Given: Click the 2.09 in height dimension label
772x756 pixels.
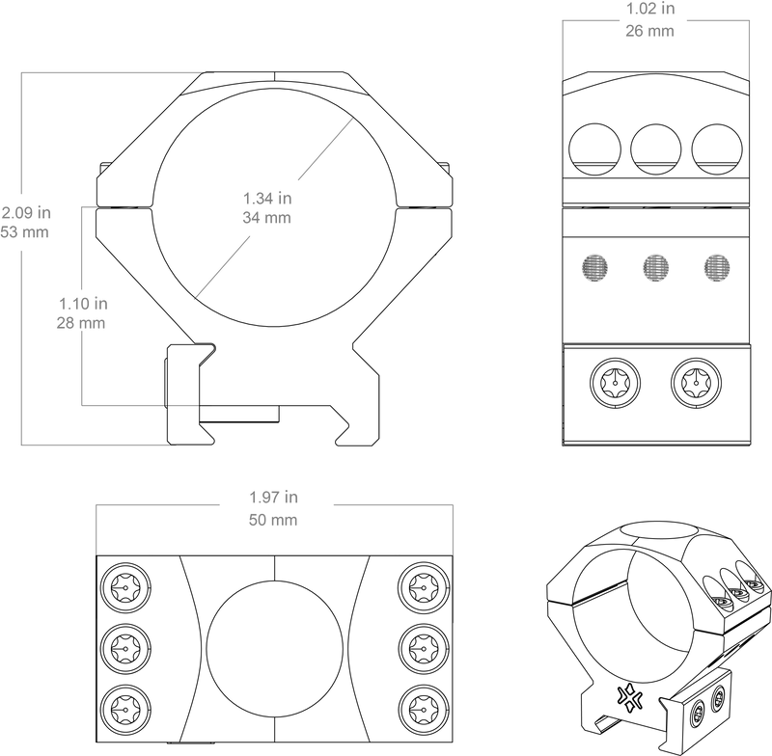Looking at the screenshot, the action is (x=26, y=212).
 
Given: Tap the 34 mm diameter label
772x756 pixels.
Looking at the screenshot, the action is (x=267, y=217).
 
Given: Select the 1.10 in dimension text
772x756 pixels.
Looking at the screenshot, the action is (x=83, y=304).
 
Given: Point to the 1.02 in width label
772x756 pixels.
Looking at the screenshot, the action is (x=650, y=9).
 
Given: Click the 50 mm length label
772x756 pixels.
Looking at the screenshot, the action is (x=273, y=520).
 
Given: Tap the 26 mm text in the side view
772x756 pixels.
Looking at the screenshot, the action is (x=649, y=31).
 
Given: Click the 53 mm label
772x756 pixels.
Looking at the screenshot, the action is (x=25, y=232).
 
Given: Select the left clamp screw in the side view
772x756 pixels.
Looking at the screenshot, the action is (x=615, y=383).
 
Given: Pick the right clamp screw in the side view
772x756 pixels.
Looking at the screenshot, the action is (x=696, y=383).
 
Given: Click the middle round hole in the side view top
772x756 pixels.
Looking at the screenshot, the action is (x=656, y=149).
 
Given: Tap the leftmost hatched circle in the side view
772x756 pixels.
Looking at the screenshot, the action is (x=594, y=268).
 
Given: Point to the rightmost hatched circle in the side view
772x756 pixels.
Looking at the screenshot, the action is (x=717, y=268).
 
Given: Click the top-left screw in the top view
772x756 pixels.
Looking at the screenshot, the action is (x=125, y=588).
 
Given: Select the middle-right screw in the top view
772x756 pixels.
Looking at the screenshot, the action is (x=424, y=649).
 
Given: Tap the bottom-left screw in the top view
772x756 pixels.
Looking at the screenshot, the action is (x=125, y=710).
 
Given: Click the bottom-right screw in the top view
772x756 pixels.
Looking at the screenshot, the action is (x=424, y=710).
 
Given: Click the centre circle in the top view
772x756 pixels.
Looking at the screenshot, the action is (x=275, y=649).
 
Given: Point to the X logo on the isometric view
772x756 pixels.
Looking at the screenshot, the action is (x=630, y=698).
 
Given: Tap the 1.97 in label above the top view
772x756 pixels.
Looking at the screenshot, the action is (x=274, y=498).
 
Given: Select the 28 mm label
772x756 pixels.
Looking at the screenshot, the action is (x=81, y=323).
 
